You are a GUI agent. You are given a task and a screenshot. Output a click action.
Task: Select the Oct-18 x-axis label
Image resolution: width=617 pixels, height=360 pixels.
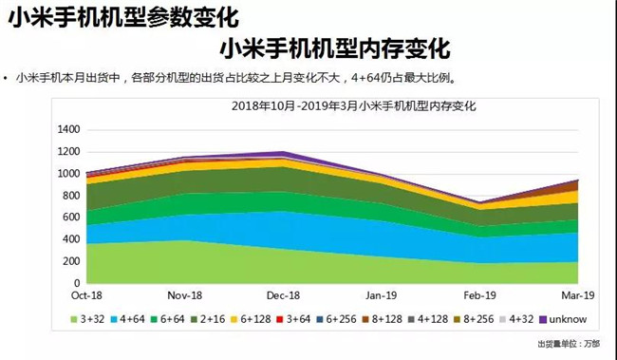point(86,295)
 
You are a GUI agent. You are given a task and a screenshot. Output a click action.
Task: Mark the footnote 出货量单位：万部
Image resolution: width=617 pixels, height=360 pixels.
point(570,344)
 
